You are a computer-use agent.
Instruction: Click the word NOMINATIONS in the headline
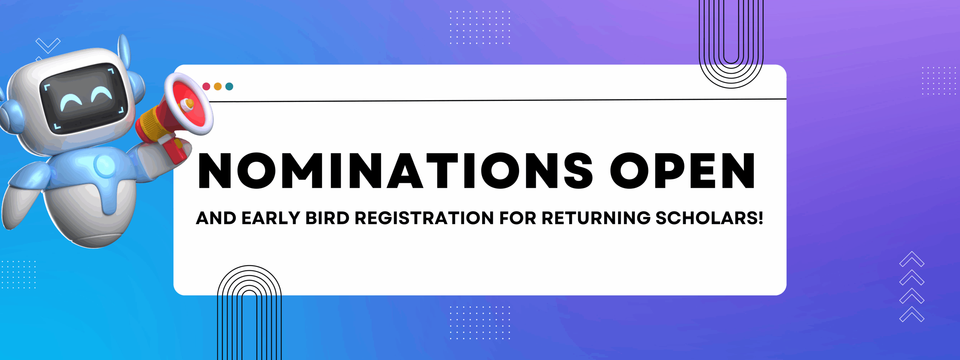(396, 170)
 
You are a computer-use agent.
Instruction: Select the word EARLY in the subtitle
(271, 218)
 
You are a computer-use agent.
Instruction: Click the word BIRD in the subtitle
(327, 218)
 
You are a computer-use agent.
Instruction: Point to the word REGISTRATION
(424, 218)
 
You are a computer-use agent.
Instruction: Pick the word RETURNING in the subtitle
(596, 218)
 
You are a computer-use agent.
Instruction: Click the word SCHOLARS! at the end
(709, 218)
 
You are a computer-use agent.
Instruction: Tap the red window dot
(206, 87)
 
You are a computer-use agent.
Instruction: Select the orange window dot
(218, 87)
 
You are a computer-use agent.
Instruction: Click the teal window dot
(229, 87)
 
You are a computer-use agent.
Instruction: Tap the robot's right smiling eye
(101, 93)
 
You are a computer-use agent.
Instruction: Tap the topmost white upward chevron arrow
(912, 259)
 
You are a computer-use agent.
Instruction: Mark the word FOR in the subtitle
(517, 218)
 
